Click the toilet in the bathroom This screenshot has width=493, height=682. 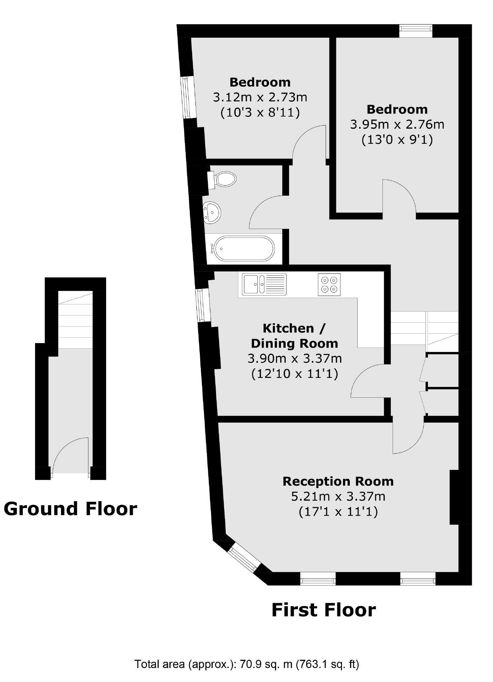[224, 179]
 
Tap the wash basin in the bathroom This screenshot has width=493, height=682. [212, 212]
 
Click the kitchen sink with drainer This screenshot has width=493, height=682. [264, 284]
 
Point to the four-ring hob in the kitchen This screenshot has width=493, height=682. [329, 285]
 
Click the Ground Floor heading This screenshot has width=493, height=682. [70, 509]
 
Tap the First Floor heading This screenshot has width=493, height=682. [323, 610]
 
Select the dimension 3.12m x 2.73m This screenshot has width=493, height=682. [260, 97]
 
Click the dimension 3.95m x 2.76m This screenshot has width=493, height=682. [397, 125]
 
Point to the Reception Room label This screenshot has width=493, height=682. [338, 481]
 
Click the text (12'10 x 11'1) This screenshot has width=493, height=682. [295, 374]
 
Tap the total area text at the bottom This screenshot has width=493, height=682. [247, 664]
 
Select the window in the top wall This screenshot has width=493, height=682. [415, 31]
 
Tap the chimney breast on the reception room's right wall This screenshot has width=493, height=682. [454, 497]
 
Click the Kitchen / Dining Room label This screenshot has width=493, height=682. [294, 336]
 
